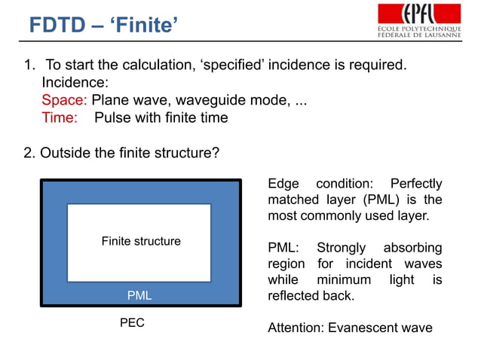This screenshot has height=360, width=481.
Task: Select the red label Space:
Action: click(64, 99)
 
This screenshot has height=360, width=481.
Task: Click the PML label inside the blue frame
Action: click(139, 296)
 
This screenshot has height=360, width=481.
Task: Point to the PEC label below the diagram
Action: click(132, 323)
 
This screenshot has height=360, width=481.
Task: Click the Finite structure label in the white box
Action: click(141, 242)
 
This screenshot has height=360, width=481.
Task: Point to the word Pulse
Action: click(112, 117)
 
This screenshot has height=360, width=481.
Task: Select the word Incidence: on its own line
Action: click(75, 82)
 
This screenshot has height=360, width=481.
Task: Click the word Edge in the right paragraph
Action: click(283, 184)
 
